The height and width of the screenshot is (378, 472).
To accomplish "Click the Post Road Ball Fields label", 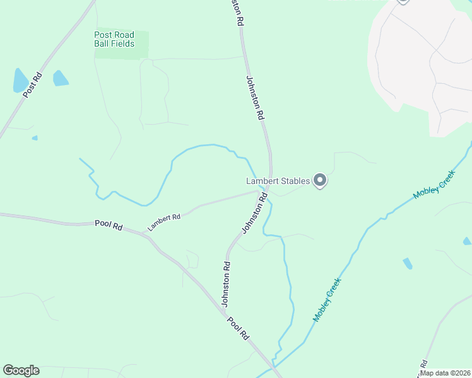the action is [114, 39].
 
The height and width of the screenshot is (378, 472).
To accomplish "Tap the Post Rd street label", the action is [32, 85].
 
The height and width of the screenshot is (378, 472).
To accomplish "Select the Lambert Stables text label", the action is [278, 181].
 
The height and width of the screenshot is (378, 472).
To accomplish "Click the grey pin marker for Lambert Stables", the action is [320, 181].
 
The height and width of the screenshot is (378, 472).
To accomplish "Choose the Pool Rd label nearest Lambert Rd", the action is [109, 224].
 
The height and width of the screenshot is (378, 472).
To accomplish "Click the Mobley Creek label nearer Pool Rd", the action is [327, 300].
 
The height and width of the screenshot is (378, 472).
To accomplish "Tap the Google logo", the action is [21, 370].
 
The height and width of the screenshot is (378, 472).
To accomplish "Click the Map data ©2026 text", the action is [445, 372].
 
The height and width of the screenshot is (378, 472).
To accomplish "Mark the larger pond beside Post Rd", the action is [20, 81].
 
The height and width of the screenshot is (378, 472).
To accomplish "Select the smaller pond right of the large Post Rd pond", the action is [60, 78].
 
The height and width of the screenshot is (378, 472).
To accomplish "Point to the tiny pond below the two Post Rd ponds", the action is [35, 137].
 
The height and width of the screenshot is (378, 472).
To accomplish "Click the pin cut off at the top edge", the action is [403, 2].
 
